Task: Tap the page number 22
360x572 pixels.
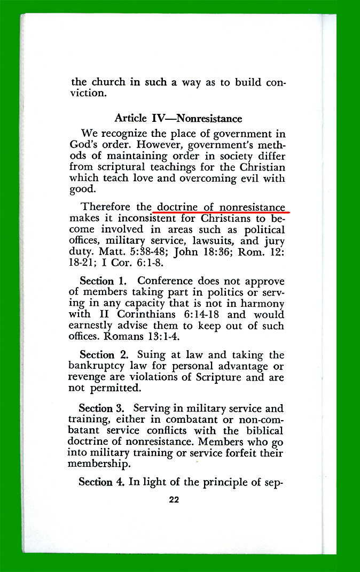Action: tap(174, 500)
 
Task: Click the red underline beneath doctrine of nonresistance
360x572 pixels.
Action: tap(219, 212)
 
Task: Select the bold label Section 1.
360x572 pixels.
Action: tap(104, 281)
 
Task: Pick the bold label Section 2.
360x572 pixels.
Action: tap(104, 354)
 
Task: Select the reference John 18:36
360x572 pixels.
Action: tap(202, 252)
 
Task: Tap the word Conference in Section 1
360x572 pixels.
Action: tap(163, 281)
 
